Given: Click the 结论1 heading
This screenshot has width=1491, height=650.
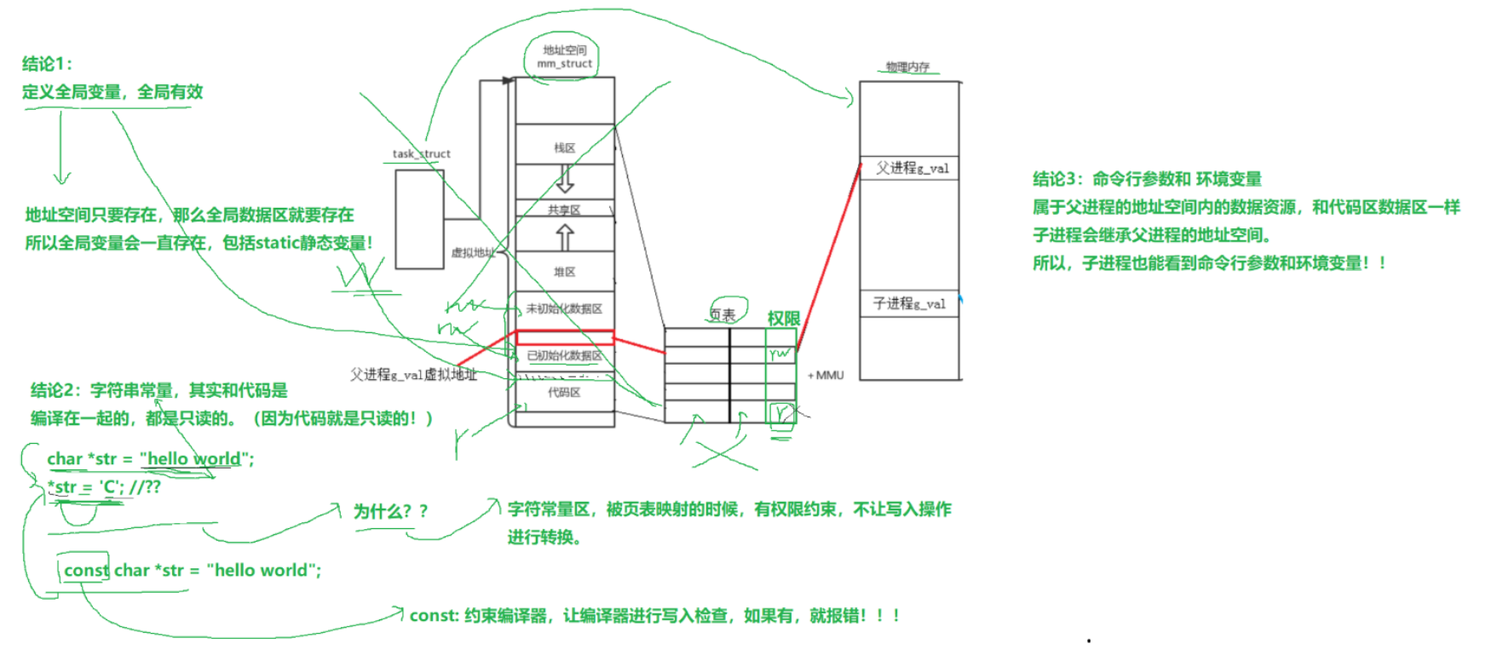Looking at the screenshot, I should [x=47, y=64].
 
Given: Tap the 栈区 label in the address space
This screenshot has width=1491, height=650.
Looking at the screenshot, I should [x=564, y=148].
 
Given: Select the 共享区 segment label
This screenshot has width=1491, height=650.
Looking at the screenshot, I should [x=564, y=210].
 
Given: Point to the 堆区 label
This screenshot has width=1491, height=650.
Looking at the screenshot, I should [x=564, y=272].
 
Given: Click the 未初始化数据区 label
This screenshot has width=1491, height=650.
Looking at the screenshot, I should [x=564, y=308].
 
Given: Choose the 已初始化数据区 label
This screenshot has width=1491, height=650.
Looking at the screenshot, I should [x=564, y=355].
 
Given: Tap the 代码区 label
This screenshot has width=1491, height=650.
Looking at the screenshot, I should [x=564, y=392].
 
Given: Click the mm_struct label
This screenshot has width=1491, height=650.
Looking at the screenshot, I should [x=564, y=63].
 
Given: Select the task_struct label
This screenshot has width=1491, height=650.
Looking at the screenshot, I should [x=421, y=154].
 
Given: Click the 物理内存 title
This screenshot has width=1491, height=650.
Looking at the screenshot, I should [x=907, y=66].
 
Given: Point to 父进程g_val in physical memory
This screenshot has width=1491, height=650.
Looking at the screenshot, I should [x=912, y=168].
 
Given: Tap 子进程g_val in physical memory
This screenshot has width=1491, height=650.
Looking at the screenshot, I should [x=909, y=303].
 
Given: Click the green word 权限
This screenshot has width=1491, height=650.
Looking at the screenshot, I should [x=783, y=319].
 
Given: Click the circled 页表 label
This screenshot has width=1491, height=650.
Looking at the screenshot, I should [x=722, y=314].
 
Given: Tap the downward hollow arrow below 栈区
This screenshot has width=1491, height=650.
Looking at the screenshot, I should [x=564, y=179].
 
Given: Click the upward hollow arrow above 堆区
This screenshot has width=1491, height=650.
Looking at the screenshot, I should [x=564, y=237].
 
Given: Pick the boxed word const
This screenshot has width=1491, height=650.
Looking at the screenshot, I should [x=86, y=570].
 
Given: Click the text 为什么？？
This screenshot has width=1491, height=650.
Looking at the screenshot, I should [x=390, y=511].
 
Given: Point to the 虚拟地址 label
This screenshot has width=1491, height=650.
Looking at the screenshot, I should [x=472, y=252].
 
